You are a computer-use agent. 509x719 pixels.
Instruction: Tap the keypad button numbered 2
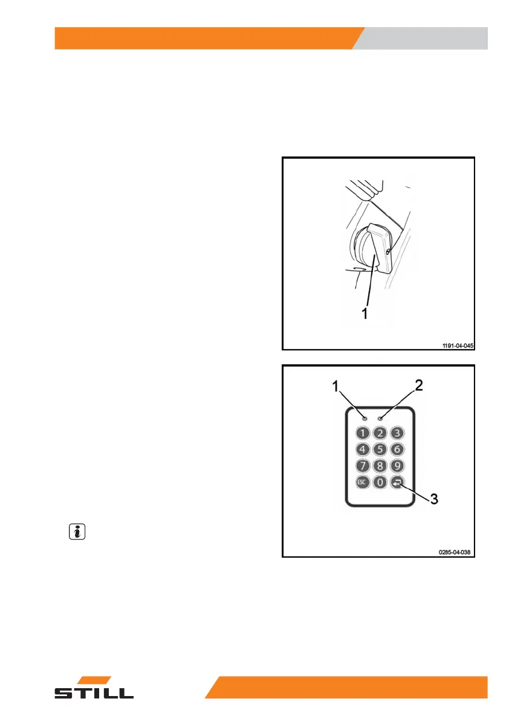pos(380,433)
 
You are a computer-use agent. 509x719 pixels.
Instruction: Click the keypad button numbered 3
pos(397,433)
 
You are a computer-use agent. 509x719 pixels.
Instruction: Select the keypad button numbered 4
pos(363,449)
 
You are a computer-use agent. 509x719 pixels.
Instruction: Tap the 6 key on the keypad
pos(397,449)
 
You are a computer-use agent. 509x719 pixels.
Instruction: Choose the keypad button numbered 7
pos(363,466)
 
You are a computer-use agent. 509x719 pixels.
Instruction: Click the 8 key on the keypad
pos(380,466)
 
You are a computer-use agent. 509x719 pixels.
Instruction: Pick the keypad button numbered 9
pos(397,466)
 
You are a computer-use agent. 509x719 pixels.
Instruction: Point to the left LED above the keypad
pos(365,418)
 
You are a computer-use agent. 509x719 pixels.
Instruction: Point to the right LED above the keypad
pos(381,418)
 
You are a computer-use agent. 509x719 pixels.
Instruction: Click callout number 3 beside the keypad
pos(433,498)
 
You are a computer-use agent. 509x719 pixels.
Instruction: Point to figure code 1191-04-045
pos(456,346)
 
